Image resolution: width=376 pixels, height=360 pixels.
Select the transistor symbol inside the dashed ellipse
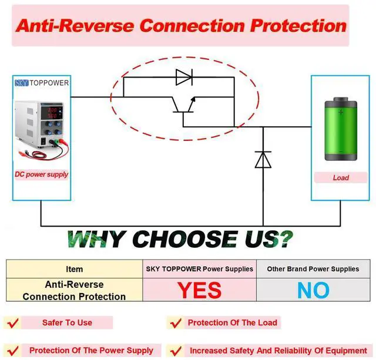click(x=183, y=105)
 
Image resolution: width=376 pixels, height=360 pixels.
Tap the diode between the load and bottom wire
click(x=263, y=159)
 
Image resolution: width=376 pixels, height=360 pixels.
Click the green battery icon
click(x=340, y=130)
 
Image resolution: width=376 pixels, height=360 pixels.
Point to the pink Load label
click(x=341, y=177)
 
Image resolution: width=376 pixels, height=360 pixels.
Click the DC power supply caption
click(x=41, y=174)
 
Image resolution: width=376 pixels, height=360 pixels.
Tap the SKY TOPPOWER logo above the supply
click(x=41, y=83)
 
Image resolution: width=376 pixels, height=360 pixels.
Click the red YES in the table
click(x=200, y=290)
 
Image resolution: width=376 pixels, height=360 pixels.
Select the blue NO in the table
click(x=313, y=290)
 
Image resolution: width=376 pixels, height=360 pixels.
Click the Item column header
click(x=75, y=269)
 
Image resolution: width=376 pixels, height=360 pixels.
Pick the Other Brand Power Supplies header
click(x=313, y=269)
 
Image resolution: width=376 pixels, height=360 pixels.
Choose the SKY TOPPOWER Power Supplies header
click(x=200, y=269)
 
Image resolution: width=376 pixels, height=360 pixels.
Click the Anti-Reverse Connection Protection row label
click(x=75, y=290)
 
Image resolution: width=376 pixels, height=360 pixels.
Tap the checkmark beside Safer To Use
click(x=12, y=323)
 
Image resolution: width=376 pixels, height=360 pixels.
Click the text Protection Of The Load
click(x=232, y=322)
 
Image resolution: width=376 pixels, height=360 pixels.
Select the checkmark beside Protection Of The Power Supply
click(x=12, y=351)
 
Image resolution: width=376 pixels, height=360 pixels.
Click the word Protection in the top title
click(x=298, y=26)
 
